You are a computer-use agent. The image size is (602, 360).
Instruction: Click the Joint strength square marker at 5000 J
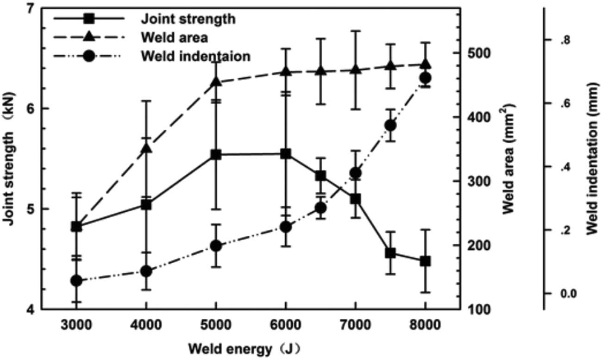coord(216,155)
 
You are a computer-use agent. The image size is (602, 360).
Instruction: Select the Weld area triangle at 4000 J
coord(146,148)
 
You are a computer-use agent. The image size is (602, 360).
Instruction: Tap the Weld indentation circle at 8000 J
coord(425,78)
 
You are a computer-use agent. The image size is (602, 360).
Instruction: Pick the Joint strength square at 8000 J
coord(425,261)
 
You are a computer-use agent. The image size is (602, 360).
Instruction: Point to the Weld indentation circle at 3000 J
coord(76,280)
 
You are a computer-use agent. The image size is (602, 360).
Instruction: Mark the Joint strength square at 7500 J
coord(390,253)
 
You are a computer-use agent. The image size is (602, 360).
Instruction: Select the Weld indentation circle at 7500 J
coord(390,126)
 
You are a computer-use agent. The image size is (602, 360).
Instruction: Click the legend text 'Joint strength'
coord(188,19)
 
